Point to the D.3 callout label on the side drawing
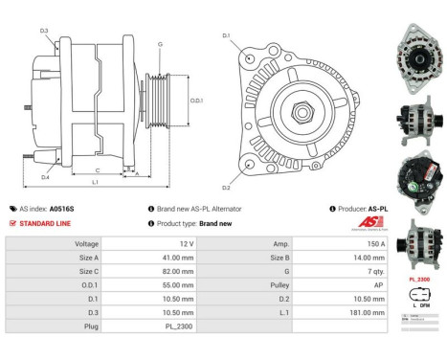point(44,32)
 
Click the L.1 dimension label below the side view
point(96,181)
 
